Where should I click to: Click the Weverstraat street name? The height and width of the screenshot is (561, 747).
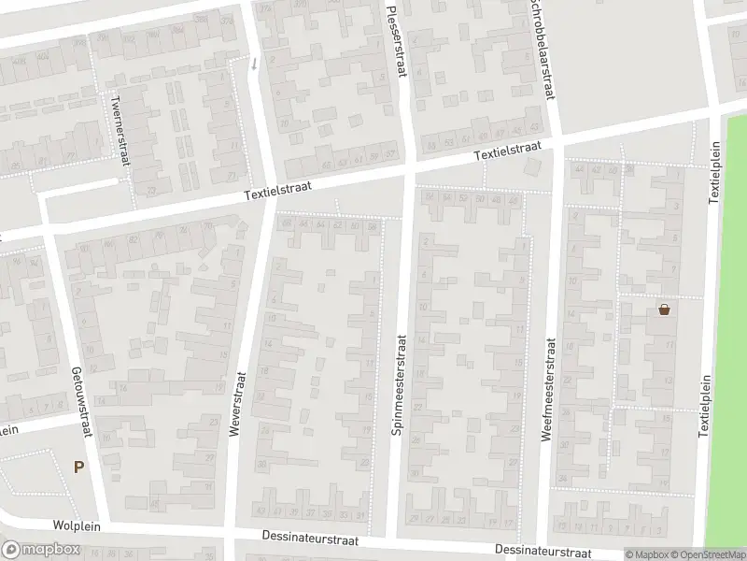[x=237, y=402]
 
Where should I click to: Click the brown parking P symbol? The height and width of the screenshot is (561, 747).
[x=78, y=467]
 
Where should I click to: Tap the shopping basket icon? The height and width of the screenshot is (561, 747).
[x=664, y=309]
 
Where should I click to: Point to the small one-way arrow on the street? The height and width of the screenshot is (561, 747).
[x=253, y=64]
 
